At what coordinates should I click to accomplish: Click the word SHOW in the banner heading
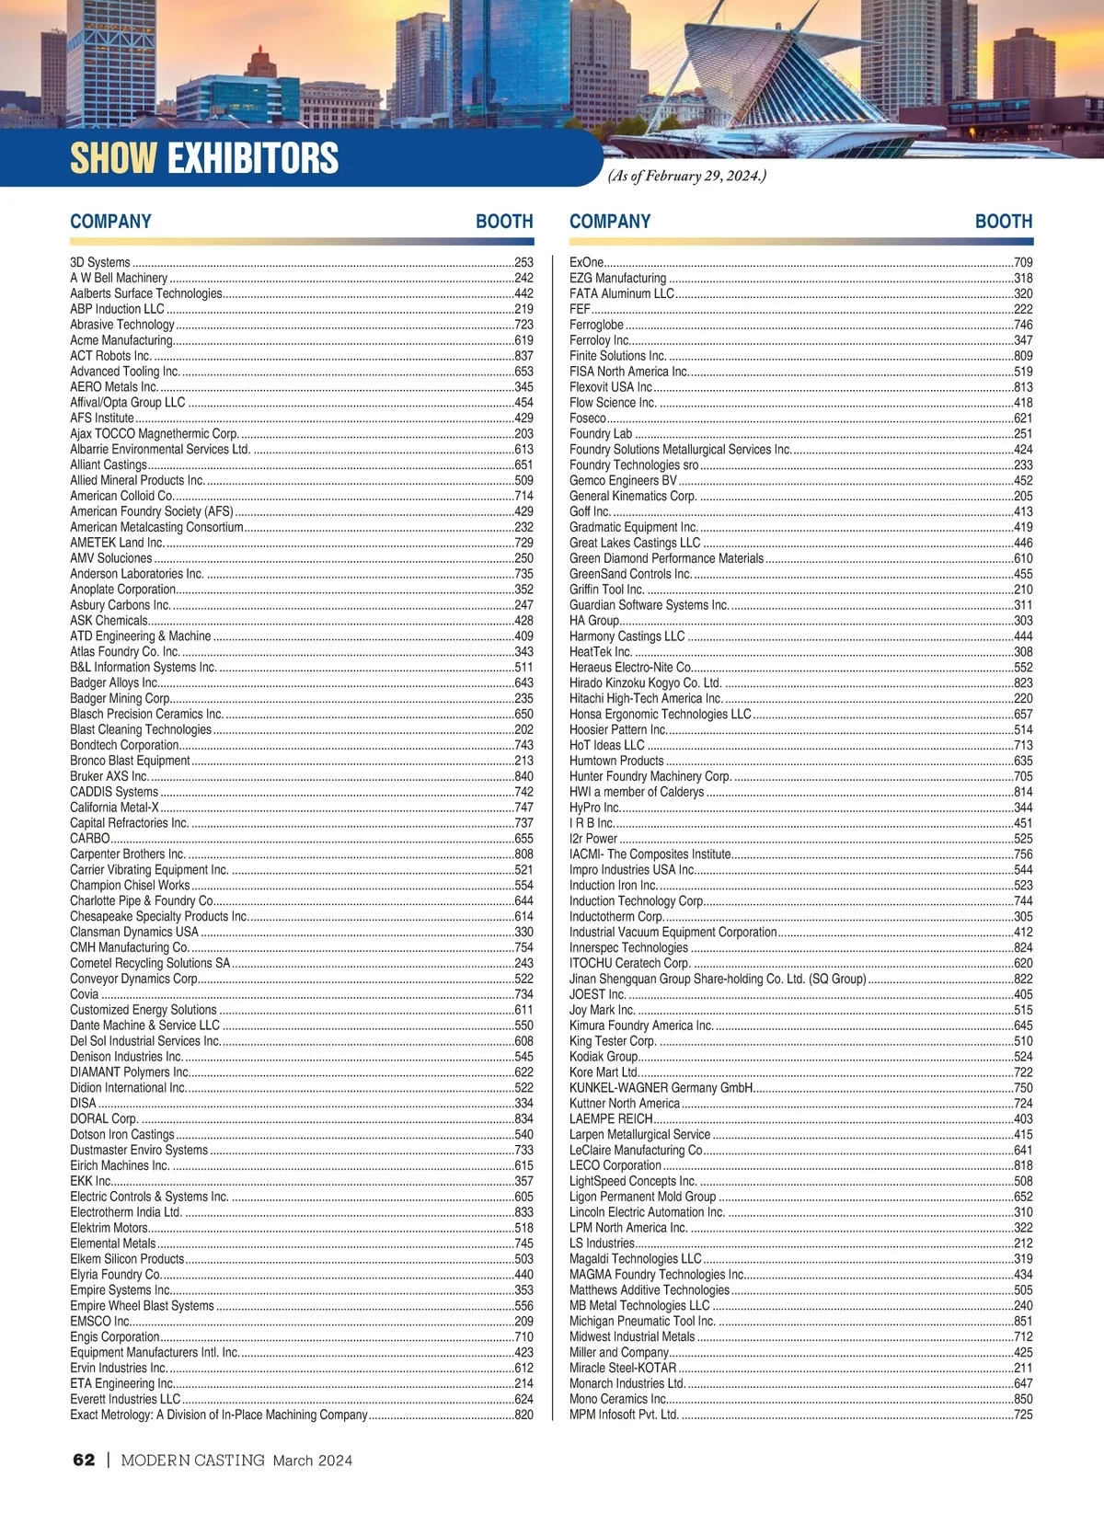click(113, 158)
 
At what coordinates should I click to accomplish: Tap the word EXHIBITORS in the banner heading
click(253, 158)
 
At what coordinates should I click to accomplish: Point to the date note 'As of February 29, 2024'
click(686, 176)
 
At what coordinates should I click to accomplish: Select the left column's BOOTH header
click(504, 222)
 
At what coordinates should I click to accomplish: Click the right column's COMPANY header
click(610, 222)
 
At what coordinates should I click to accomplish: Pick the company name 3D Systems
click(100, 262)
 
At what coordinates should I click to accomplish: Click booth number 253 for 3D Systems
click(523, 262)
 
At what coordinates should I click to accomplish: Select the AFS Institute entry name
click(102, 418)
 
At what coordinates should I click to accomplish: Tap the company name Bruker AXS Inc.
click(109, 776)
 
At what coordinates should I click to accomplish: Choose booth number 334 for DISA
click(523, 1103)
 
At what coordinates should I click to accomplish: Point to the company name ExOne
click(586, 262)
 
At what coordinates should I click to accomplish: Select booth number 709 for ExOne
click(1023, 262)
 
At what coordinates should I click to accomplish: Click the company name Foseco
click(588, 418)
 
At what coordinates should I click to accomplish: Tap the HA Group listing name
click(594, 621)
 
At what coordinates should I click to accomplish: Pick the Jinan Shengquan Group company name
click(718, 979)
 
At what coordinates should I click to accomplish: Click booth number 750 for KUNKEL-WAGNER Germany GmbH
click(1023, 1087)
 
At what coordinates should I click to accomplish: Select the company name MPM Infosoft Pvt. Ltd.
click(624, 1415)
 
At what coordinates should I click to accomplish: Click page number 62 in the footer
click(84, 1460)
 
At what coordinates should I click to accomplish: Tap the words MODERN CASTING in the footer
click(192, 1460)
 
